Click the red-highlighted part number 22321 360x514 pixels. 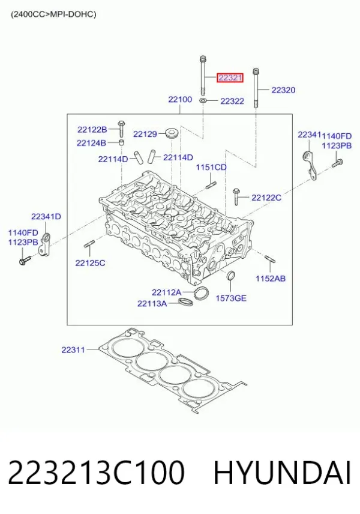(230, 77)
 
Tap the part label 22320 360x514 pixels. (283, 90)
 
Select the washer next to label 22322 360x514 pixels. (203, 100)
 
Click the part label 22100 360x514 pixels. (180, 99)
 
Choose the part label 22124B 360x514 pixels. (91, 143)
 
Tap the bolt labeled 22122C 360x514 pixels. (236, 196)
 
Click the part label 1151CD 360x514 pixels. (211, 167)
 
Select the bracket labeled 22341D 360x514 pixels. (44, 244)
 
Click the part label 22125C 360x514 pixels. (91, 263)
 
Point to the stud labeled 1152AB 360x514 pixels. (270, 259)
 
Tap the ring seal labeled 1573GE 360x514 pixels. (231, 276)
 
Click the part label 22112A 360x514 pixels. (166, 292)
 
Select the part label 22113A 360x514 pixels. (152, 304)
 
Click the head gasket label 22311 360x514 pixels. (73, 349)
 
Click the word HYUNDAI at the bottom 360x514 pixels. (283, 473)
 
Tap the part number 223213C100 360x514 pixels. (96, 473)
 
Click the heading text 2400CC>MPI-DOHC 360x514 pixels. (53, 14)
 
